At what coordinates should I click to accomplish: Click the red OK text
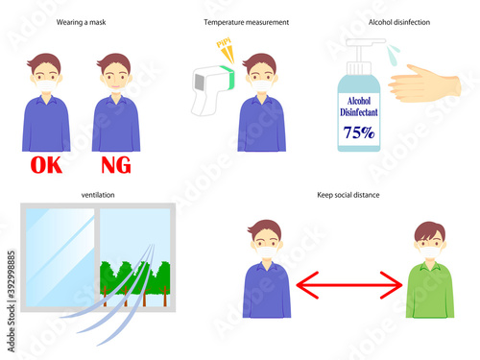pos(46,165)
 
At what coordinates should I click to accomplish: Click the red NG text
pos(116,165)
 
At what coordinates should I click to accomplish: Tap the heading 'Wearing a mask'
pos(82,22)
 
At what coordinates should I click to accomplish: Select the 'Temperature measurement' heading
pos(247,22)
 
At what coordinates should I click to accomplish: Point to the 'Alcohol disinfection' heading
pos(399,22)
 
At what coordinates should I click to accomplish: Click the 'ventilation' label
pos(98,195)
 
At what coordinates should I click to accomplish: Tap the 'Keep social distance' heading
pos(348,195)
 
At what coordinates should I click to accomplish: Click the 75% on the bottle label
pos(359,132)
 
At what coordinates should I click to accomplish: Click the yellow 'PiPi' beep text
pos(224,42)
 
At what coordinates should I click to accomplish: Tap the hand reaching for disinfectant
pos(424,84)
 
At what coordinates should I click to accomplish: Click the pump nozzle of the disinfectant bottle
pos(367,42)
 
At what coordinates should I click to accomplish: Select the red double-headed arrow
pos(349,285)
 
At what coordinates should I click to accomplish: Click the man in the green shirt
pos(430,270)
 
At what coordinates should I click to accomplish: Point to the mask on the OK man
pos(46,85)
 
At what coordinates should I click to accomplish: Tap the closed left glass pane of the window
pos(60,257)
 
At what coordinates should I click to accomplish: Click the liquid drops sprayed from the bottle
pos(393,55)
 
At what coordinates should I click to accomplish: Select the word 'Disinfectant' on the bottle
pos(359,112)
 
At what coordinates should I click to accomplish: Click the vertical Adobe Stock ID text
pos(12,301)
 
